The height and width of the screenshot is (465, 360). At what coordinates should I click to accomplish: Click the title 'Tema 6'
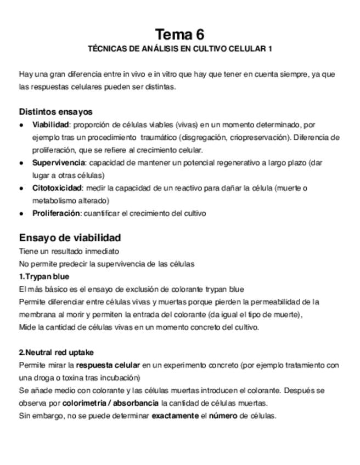coord(179,35)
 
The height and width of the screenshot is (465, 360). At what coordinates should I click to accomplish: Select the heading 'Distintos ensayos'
coord(55,112)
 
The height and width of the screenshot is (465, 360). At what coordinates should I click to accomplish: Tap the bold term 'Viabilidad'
coord(50,125)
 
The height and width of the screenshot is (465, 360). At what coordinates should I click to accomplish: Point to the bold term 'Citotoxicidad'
coord(57,188)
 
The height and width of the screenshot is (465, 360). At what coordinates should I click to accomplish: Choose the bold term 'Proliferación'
coord(57,213)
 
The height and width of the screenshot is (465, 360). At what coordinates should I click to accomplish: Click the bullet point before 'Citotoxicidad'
coord(21,189)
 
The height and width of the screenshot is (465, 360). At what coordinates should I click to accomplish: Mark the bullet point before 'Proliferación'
coord(21,214)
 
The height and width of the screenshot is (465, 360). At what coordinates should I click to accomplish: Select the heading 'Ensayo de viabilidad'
coord(70,238)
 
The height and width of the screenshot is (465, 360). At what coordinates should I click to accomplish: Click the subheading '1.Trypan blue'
coord(44,276)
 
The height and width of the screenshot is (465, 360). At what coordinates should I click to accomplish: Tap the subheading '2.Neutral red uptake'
coord(56,353)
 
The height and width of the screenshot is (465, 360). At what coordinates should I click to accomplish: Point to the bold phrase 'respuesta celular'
coord(108,365)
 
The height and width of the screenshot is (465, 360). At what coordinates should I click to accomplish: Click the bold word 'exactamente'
coord(175,416)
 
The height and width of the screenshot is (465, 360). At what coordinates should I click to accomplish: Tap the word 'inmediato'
coord(100,251)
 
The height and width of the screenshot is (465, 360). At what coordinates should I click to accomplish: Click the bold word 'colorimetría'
coord(84,403)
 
